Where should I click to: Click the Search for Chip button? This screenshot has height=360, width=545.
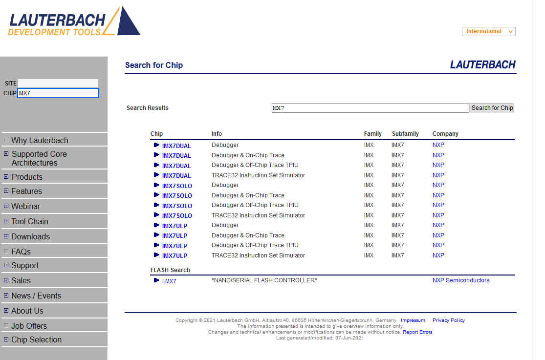492,108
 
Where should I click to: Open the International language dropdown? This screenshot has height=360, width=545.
488,31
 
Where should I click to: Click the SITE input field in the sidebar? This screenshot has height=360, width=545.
58,83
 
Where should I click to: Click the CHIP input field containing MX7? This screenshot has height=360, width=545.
58,93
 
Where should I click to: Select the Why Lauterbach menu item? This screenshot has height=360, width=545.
40,140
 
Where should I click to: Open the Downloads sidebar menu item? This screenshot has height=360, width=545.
30,236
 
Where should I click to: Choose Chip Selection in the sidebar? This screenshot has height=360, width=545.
36,339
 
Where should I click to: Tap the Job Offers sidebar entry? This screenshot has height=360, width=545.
29,326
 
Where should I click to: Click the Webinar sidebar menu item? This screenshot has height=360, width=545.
25,206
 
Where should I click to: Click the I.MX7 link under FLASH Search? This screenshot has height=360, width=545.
169,281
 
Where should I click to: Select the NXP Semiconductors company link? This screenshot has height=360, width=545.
460,280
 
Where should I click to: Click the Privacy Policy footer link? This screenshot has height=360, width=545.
448,320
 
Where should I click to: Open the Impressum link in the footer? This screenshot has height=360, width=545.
413,320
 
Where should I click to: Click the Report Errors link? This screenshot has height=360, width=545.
417,332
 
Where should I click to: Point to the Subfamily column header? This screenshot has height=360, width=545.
405,134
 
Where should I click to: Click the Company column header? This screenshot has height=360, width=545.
445,134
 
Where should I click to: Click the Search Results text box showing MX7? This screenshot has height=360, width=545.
370,108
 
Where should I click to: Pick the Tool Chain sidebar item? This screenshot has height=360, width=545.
29,221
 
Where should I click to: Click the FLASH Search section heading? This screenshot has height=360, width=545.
170,270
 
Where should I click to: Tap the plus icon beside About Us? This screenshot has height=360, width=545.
6,311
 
